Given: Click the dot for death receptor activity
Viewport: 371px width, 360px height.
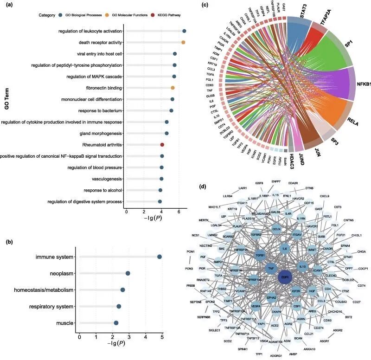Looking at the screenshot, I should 183,43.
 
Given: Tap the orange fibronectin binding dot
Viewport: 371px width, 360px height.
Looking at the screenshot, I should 173,88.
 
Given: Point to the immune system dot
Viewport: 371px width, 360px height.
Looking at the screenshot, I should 160,257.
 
